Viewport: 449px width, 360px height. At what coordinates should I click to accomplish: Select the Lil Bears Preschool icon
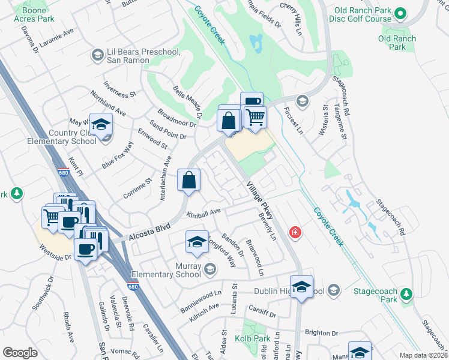(97, 55)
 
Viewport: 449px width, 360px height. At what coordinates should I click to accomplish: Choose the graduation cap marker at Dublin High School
(302, 286)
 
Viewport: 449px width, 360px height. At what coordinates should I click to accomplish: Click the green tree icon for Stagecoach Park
(407, 293)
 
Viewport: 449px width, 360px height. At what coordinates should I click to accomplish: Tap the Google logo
(20, 353)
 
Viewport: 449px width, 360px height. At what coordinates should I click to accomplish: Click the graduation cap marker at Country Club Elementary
(101, 125)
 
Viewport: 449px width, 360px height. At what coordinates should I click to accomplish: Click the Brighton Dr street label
(322, 333)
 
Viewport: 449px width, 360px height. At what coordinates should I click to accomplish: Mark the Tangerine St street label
(340, 122)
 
